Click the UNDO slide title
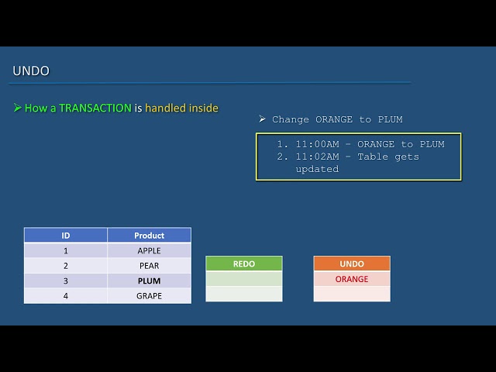31,71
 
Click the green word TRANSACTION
95,108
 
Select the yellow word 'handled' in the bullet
164,108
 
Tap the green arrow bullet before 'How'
17,108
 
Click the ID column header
66,236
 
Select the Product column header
149,236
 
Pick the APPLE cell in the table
149,250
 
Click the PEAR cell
149,266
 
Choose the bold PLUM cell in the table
149,281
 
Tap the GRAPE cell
149,296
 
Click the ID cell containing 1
66,250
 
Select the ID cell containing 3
66,281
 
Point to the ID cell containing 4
66,296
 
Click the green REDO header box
244,263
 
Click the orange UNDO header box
352,263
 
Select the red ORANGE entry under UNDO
352,279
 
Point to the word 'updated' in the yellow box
317,169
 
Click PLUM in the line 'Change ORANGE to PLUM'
390,119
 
